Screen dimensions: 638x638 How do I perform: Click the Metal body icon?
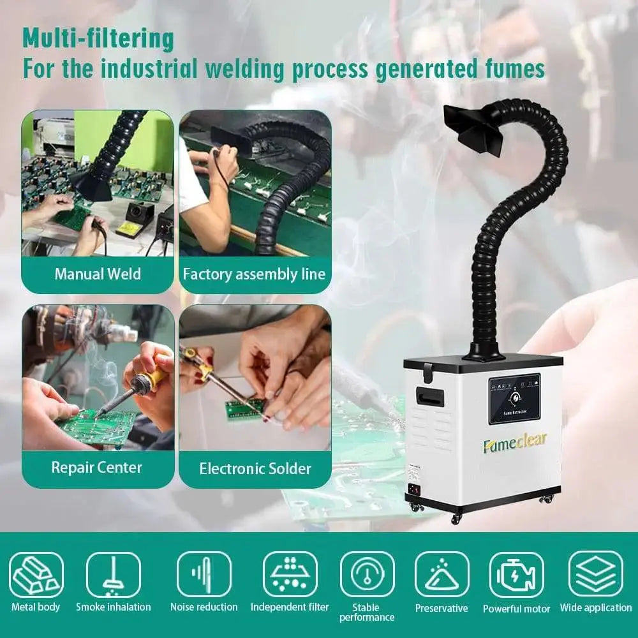tap(36, 574)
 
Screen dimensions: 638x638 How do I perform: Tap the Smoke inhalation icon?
tap(113, 574)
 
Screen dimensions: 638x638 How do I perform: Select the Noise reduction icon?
tap(204, 574)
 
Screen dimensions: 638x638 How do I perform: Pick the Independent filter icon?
tap(290, 574)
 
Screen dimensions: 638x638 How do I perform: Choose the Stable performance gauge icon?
tap(367, 574)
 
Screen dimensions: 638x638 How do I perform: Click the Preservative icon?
tap(441, 574)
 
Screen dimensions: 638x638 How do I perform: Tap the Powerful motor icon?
tap(516, 574)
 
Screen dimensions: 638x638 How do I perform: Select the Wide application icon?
tap(595, 574)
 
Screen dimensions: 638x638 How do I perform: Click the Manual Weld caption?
tap(98, 274)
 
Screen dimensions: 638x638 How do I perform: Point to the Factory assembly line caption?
tap(254, 274)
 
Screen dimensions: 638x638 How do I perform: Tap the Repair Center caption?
tap(98, 468)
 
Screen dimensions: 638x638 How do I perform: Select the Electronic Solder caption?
tap(255, 469)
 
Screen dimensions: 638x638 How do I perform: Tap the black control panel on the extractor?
tap(514, 399)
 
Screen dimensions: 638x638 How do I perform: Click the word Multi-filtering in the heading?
tap(98, 39)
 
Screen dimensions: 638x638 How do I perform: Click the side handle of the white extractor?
tap(426, 396)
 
